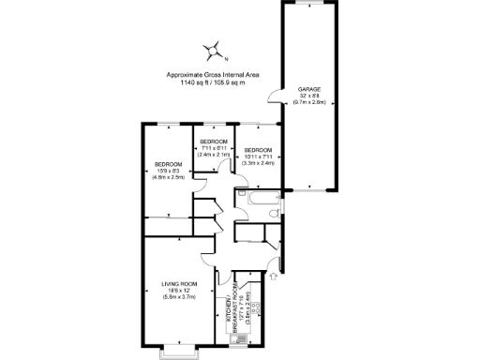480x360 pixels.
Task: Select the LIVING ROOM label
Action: point(178,283)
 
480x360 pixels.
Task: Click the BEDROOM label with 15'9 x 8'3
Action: point(168,164)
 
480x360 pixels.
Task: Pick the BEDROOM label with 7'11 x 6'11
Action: point(214,141)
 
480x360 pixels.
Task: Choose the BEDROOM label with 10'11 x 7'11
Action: point(258,150)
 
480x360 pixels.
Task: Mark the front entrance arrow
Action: point(273,277)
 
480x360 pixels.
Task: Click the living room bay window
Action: point(178,351)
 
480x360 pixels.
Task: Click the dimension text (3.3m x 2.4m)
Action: point(258,163)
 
